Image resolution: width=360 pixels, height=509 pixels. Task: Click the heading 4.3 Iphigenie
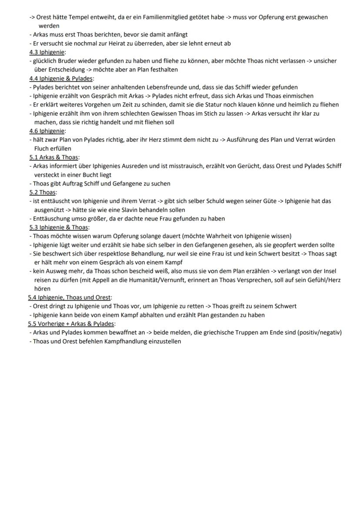click(x=47, y=52)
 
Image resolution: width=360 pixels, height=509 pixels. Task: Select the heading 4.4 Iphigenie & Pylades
click(x=61, y=79)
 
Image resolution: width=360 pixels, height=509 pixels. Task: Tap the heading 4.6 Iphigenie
click(x=47, y=131)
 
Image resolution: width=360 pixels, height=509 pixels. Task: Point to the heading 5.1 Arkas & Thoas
click(x=54, y=157)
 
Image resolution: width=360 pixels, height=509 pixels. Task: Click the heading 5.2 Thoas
click(x=43, y=192)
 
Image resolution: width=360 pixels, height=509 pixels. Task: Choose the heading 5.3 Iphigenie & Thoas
click(x=59, y=227)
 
